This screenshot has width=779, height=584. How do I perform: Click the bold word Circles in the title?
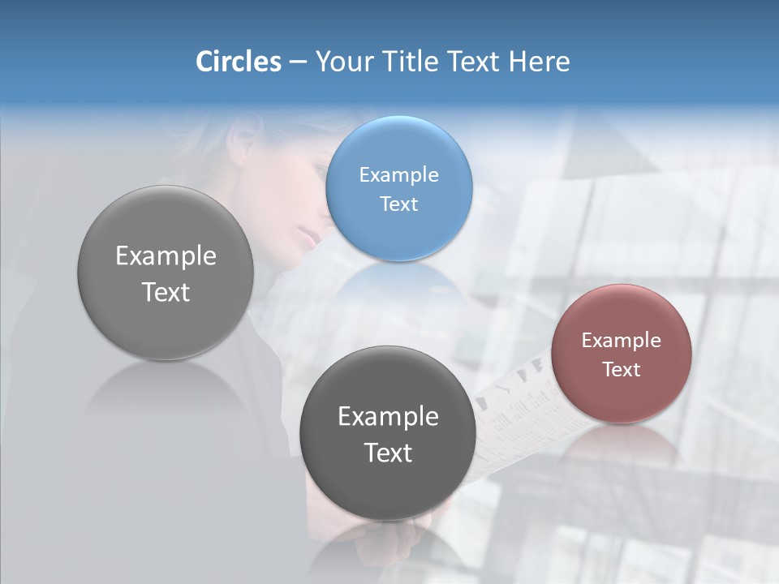tap(239, 62)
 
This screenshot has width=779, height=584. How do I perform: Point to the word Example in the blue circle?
tap(398, 174)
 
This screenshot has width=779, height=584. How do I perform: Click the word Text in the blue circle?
tap(398, 204)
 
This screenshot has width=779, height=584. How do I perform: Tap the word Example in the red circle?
tap(622, 340)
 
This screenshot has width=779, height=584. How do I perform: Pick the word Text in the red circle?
tap(622, 369)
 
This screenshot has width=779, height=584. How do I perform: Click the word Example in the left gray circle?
tap(166, 255)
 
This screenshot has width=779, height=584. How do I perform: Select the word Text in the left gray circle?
tap(166, 292)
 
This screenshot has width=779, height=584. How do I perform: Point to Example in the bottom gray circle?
tap(388, 416)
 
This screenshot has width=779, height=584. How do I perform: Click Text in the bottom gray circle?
tap(388, 453)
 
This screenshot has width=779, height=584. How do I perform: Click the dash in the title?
tap(298, 62)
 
